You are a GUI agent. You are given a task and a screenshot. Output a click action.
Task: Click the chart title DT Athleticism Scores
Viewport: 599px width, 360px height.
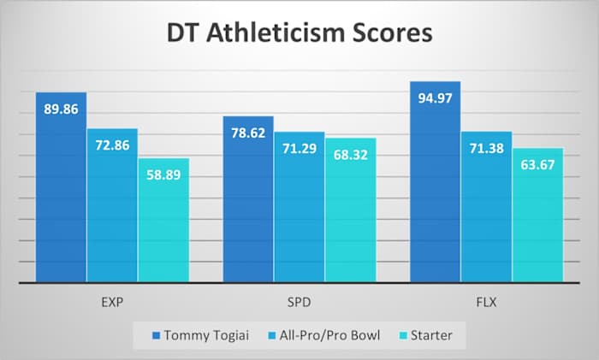(x=299, y=34)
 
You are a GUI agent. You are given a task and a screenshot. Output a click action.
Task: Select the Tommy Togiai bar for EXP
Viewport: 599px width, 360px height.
(x=61, y=197)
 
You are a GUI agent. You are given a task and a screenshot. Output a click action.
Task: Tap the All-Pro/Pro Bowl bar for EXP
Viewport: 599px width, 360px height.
(x=112, y=214)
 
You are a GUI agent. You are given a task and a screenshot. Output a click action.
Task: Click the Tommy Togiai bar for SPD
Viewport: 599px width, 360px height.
(x=248, y=205)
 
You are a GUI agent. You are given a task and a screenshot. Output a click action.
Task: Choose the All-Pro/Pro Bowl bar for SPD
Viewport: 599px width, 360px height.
(x=299, y=214)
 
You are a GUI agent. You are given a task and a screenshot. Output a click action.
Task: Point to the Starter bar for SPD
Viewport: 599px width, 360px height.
(x=351, y=218)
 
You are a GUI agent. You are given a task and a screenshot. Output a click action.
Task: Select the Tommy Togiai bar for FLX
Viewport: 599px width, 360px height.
(x=436, y=192)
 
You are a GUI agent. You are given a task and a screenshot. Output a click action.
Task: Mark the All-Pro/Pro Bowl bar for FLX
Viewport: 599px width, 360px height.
(x=487, y=214)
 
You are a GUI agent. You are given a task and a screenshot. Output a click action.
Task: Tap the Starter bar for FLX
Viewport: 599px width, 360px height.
(x=537, y=222)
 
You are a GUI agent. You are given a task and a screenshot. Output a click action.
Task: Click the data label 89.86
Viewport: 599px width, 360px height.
(x=61, y=109)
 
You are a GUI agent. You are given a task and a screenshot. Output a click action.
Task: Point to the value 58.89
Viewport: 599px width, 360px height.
(x=163, y=174)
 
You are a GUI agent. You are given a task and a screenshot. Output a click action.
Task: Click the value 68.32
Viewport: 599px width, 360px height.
(x=351, y=154)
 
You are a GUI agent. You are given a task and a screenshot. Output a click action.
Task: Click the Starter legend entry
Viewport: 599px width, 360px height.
(x=425, y=335)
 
